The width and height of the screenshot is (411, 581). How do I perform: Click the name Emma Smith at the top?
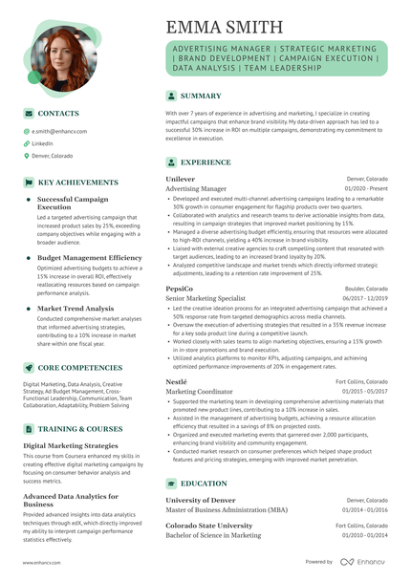coord(224,26)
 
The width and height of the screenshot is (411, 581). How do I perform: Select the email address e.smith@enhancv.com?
coord(59,131)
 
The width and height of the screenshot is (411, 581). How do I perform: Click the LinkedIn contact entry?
coord(42,142)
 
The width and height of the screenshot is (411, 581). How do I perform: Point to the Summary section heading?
coord(201,97)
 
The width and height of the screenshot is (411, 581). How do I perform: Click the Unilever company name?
coord(180,179)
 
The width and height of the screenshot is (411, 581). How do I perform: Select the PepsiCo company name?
coord(179,288)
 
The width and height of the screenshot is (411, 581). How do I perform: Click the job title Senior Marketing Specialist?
coord(205,298)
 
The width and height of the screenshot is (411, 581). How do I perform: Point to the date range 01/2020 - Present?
coord(366,189)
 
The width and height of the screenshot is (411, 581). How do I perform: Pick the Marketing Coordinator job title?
coord(199,391)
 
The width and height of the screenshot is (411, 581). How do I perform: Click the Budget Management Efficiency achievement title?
coord(89,258)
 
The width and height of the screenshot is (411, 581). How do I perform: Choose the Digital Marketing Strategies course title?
coord(71,445)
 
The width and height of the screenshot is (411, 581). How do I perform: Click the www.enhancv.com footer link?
coord(42,563)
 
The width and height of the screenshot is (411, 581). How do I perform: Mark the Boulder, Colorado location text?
coord(367,288)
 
